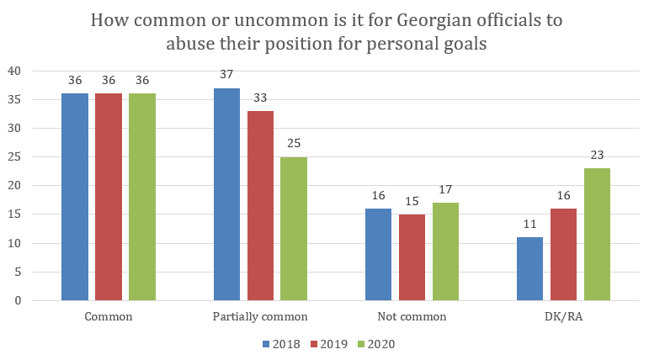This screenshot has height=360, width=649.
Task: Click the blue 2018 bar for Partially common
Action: pos(226,194)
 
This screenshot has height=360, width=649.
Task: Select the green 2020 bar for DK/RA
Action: pos(597,234)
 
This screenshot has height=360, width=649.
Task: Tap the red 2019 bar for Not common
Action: pos(412,257)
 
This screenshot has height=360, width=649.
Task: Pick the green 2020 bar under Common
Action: pos(142,197)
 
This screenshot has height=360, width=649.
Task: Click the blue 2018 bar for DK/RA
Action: pos(529,268)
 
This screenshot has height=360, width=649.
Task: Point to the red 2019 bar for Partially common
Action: pos(260,206)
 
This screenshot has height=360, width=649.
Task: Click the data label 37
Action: pos(226,75)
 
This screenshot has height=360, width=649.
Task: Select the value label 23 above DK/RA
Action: pos(597,155)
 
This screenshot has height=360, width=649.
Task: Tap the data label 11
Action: pos(529,225)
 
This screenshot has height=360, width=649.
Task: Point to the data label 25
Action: pos(294,144)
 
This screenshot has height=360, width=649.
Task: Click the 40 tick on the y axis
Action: pos(14,71)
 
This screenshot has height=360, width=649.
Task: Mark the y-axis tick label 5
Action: pos(18,272)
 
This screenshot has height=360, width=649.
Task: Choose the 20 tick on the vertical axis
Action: pos(14,186)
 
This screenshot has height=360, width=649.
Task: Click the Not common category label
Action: pos(412,316)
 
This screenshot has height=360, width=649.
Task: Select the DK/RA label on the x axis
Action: pos(563,316)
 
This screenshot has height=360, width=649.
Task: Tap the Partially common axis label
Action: pos(260,317)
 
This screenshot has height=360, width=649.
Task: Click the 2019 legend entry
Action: pos(329,344)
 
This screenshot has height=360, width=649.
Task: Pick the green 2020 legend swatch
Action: pos(361,344)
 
